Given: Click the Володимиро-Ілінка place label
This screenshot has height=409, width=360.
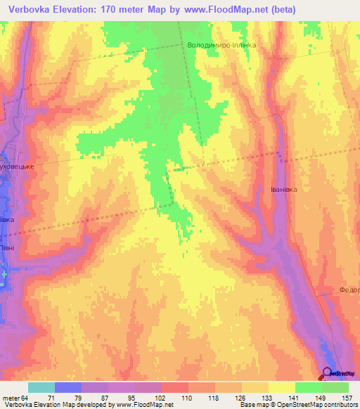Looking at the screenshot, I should tap(221, 45).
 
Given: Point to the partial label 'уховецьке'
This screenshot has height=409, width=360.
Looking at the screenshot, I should tap(18, 169).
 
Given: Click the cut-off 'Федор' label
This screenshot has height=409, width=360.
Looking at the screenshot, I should tap(349, 289).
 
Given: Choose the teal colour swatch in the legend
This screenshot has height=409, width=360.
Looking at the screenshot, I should tap(41, 387).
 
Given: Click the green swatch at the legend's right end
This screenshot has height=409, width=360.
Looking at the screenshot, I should tap(335, 387).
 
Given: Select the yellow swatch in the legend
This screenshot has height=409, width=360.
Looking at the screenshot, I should tap(281, 387).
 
